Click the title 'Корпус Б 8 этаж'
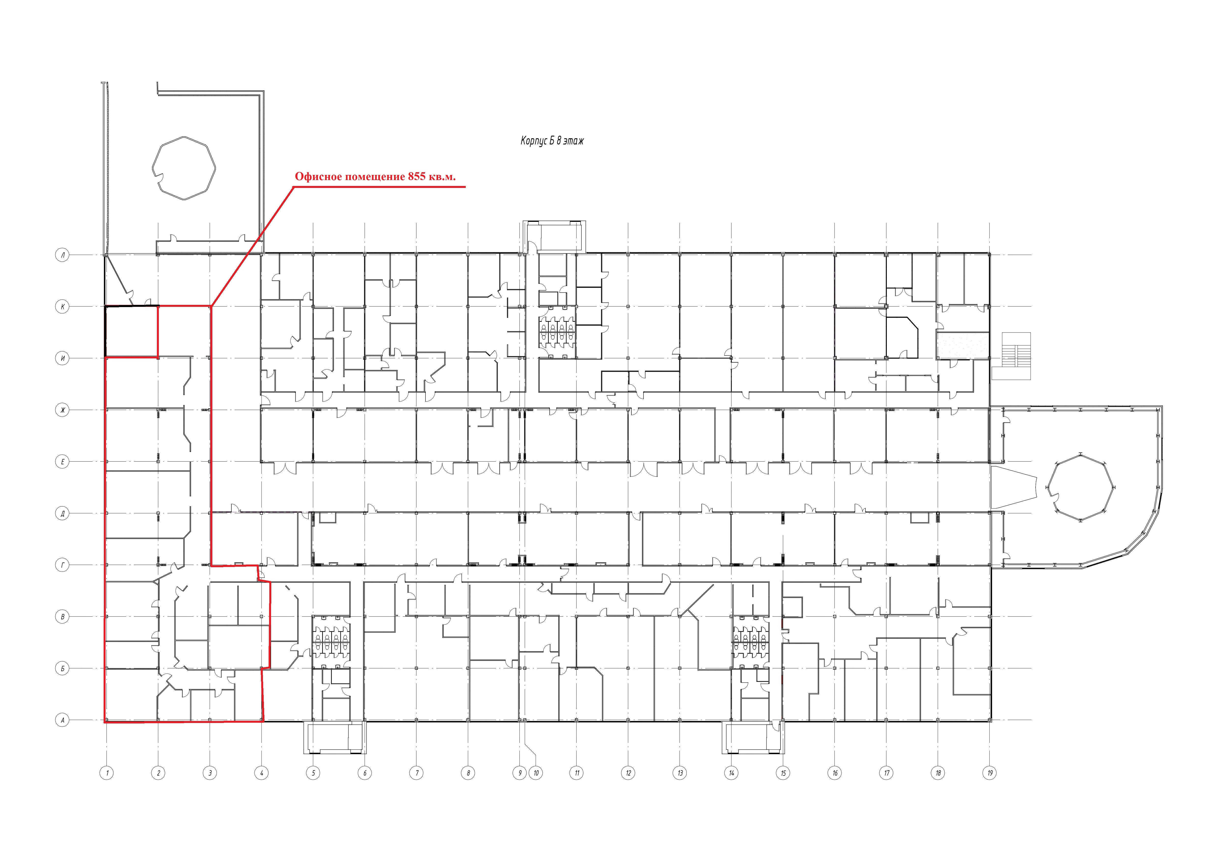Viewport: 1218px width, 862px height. pyautogui.click(x=552, y=141)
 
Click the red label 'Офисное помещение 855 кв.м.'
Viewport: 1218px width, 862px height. pyautogui.click(x=375, y=177)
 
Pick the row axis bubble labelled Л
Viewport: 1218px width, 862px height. pyautogui.click(x=63, y=255)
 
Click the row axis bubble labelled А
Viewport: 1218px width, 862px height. pyautogui.click(x=63, y=720)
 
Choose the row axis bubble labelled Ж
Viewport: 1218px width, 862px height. pyautogui.click(x=63, y=410)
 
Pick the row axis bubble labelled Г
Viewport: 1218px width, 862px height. pyautogui.click(x=63, y=565)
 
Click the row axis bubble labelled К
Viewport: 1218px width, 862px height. pyautogui.click(x=63, y=306)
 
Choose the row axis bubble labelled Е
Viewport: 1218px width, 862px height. pyautogui.click(x=63, y=462)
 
